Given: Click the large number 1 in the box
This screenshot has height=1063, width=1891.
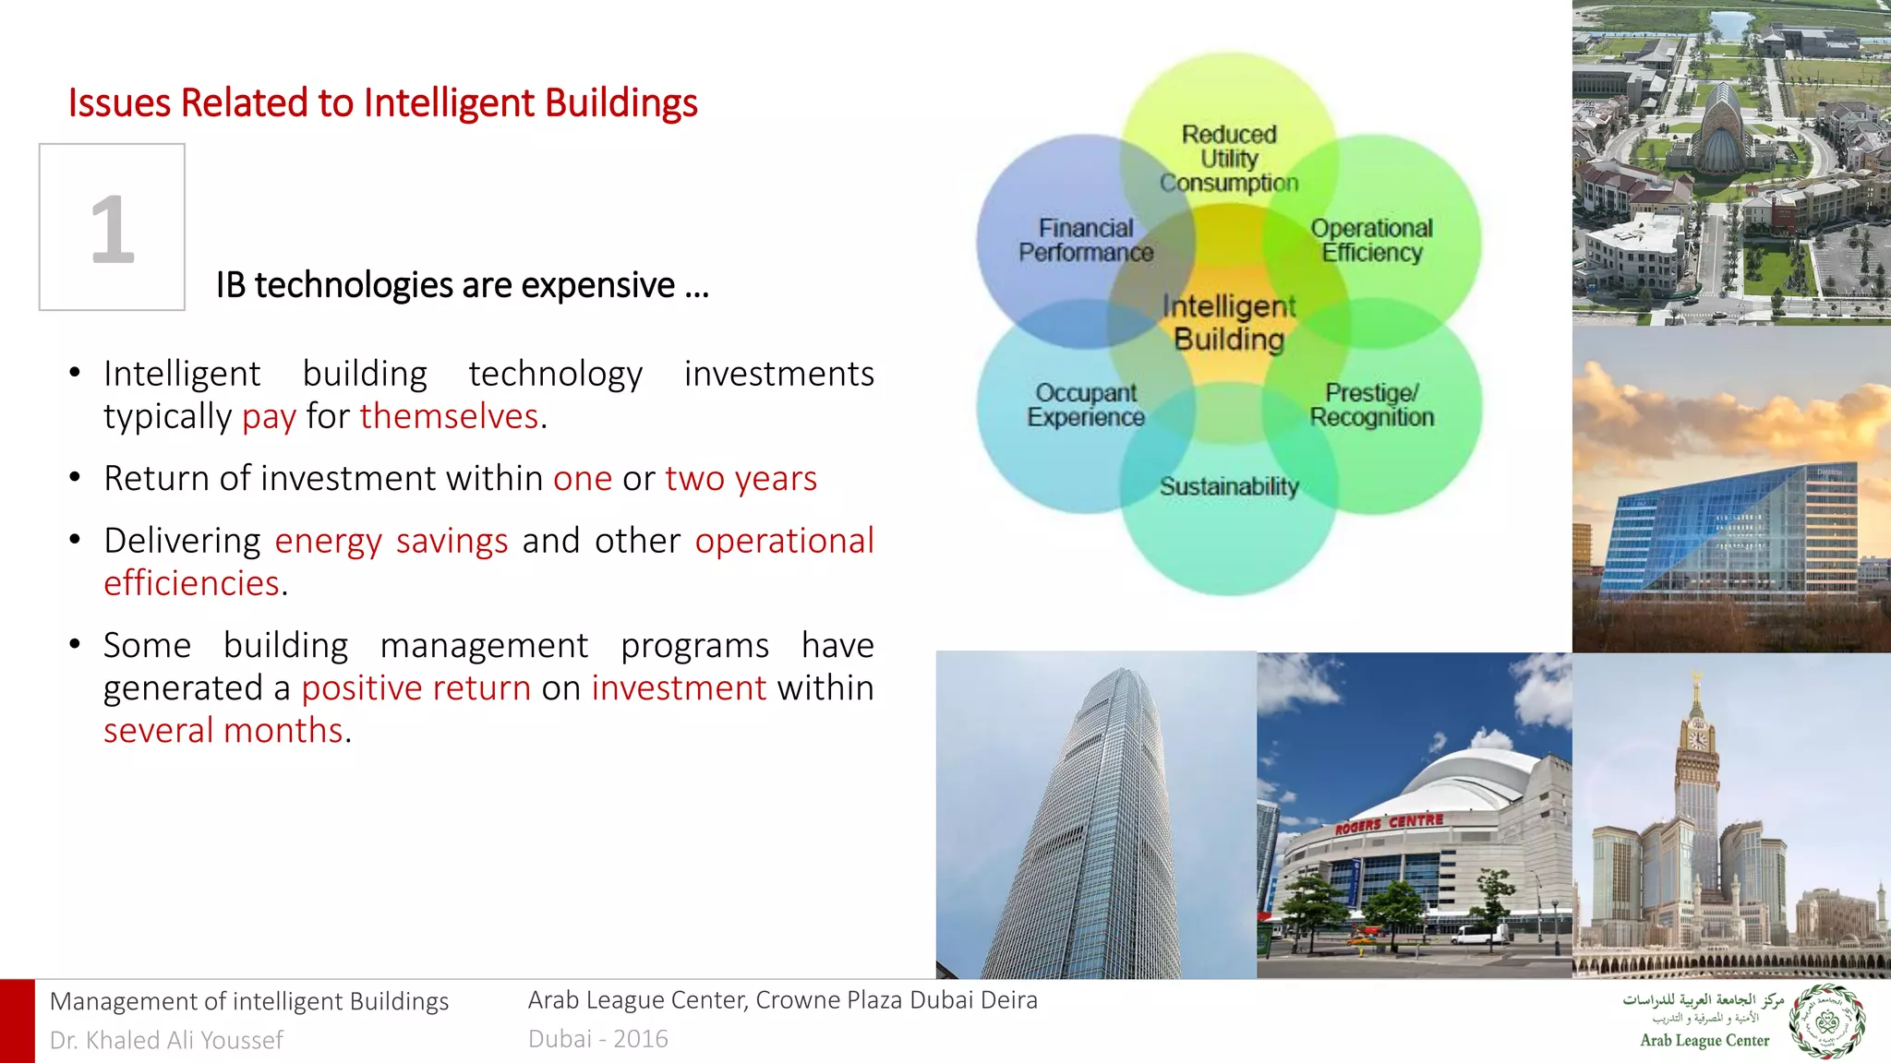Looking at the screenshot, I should click(112, 229).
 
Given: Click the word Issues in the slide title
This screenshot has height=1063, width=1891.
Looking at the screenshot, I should click(120, 102).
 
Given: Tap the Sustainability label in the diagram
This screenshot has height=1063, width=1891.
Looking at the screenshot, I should click(1229, 486).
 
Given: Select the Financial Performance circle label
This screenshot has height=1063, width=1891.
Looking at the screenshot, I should click(1086, 240).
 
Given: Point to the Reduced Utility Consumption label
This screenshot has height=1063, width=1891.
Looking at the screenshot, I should click(1229, 159).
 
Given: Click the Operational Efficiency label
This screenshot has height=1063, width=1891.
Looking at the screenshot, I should click(1371, 240).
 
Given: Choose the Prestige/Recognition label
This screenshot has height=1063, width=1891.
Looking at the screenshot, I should click(1371, 405).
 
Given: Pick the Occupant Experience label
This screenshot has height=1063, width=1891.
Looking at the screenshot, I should click(1086, 405).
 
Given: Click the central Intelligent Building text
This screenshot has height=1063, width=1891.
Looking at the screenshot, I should click(1229, 322).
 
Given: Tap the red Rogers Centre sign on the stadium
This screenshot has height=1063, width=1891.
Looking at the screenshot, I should click(1389, 823).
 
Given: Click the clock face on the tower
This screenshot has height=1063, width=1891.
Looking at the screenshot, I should click(1697, 739).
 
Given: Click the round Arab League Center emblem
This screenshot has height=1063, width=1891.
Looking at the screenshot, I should click(1826, 1021).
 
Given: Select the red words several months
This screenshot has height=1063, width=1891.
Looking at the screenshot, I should click(223, 730).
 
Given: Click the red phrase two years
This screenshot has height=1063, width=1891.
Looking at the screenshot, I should click(741, 478).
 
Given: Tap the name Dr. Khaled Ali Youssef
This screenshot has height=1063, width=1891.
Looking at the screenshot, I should click(166, 1040).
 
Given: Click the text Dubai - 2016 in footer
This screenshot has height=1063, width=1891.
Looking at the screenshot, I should click(597, 1038).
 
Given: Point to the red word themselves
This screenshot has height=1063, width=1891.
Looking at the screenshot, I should click(449, 416).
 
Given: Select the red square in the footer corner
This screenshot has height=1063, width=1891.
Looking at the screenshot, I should click(17, 1021).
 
